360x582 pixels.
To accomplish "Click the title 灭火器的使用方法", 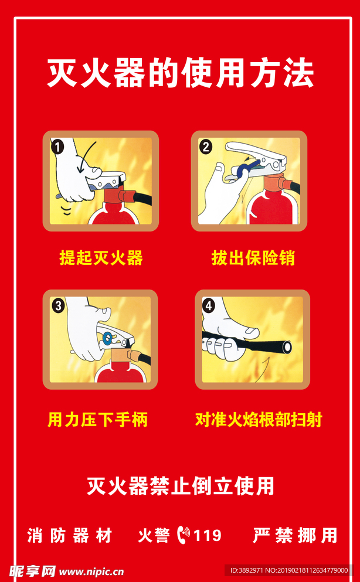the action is pos(180,73).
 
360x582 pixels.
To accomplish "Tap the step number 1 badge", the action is pos(57,147).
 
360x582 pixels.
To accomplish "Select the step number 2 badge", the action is pos(206,147).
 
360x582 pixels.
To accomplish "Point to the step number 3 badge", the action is pos(58,306).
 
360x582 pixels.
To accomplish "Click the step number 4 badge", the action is pos(209,306).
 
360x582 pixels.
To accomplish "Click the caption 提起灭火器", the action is pos(101,258).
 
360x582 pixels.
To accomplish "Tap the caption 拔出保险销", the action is pos(253,258).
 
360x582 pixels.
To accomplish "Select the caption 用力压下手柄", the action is pos(97,420).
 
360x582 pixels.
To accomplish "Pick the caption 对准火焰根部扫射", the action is pos(259,420).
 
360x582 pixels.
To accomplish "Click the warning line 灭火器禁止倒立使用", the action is pos(181,486).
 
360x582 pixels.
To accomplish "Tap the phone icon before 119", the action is pos(184,535).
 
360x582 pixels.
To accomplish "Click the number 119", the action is pos(208,536).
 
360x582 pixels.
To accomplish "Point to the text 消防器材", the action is pos(69,535).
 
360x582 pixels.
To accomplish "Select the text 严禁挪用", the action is pos(295,535).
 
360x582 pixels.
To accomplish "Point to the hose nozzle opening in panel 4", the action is pos(287,348).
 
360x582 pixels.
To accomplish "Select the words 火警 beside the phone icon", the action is pos(154,535).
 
